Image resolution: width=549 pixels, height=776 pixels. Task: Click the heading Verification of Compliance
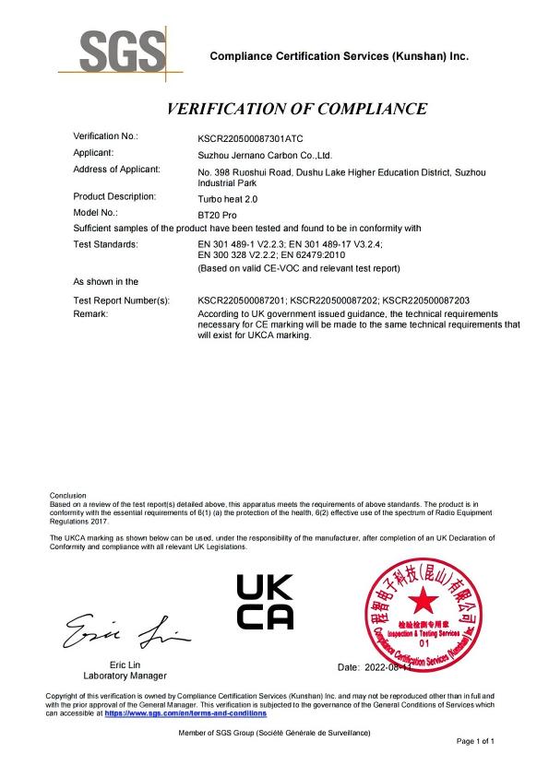(296, 109)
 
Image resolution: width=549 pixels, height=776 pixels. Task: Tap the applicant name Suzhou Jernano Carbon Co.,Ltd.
(265, 155)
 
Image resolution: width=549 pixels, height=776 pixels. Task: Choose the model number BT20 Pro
(218, 214)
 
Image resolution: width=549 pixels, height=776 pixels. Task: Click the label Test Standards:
(106, 244)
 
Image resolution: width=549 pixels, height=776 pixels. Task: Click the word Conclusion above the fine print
(67, 495)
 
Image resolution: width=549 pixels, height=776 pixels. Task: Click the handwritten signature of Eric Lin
(124, 632)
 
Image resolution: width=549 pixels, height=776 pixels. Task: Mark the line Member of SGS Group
(275, 733)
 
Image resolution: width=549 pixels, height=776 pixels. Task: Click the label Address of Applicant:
(116, 169)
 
